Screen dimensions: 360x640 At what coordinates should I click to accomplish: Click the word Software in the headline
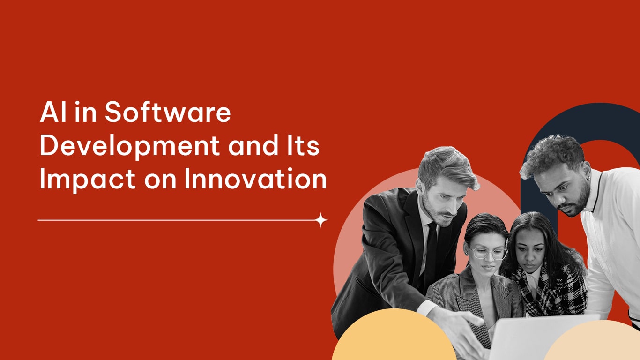tap(167, 113)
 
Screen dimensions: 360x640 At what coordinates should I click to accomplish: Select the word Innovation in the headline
tap(255, 179)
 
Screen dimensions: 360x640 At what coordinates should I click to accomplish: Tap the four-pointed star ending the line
tap(321, 220)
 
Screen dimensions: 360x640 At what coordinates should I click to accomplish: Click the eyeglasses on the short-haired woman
tap(488, 253)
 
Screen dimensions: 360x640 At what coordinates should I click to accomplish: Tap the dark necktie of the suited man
tap(430, 253)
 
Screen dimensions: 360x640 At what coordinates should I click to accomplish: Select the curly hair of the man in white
tap(553, 152)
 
